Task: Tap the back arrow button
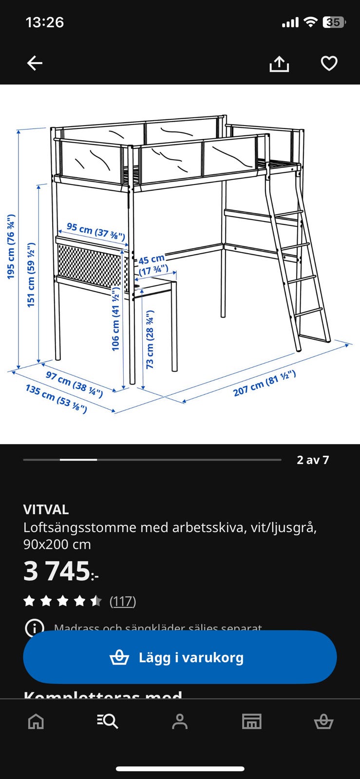[35, 63]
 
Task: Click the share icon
[279, 64]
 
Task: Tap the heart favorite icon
[329, 63]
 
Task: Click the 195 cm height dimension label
[11, 247]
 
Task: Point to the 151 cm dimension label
[31, 275]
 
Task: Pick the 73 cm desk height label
[150, 339]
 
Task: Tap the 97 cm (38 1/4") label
[74, 384]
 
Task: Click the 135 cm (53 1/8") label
[56, 398]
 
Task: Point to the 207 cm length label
[264, 383]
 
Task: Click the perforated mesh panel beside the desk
[90, 266]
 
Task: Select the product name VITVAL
[46, 509]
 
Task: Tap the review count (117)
[123, 601]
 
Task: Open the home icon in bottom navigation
[36, 721]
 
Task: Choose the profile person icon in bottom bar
[180, 721]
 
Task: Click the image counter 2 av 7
[313, 460]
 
